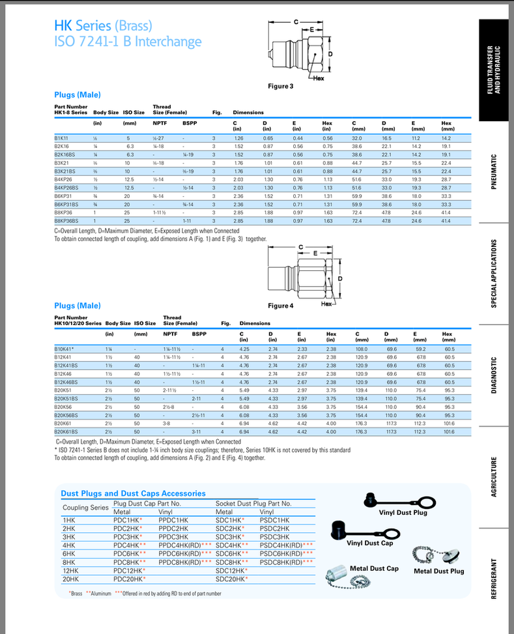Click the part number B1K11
coord(61,138)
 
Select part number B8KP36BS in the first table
coord(66,221)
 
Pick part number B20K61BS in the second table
coord(66,431)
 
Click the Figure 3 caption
coord(281,86)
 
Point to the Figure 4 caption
coord(281,305)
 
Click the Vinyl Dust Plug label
coord(403,513)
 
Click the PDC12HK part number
coord(128,570)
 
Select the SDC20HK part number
coord(230,579)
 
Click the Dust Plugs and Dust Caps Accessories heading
coord(133,494)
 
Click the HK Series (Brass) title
coord(104,26)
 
